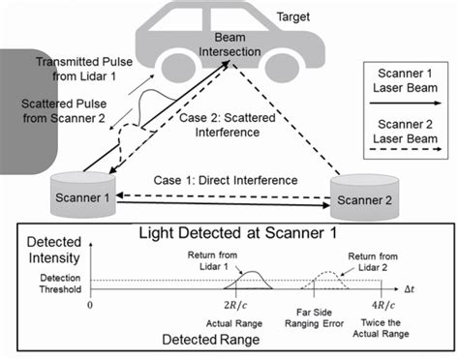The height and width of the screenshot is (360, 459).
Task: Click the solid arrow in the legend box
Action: (405, 100)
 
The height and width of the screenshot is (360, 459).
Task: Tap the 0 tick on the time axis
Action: (90, 303)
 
